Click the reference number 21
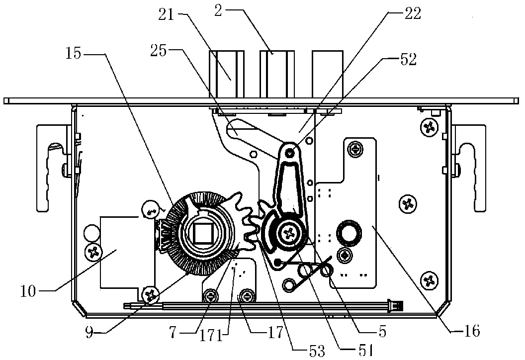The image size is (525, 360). pos(167,14)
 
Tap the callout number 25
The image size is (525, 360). pos(159,51)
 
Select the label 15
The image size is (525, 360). pos(73,53)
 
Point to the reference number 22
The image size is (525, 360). pos(413,13)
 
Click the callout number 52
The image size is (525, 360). pos(408,59)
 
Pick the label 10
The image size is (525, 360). pos(28,291)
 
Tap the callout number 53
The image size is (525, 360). pos(317,351)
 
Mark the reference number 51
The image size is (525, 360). pos(365,351)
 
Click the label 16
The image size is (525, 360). pos(472,331)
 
